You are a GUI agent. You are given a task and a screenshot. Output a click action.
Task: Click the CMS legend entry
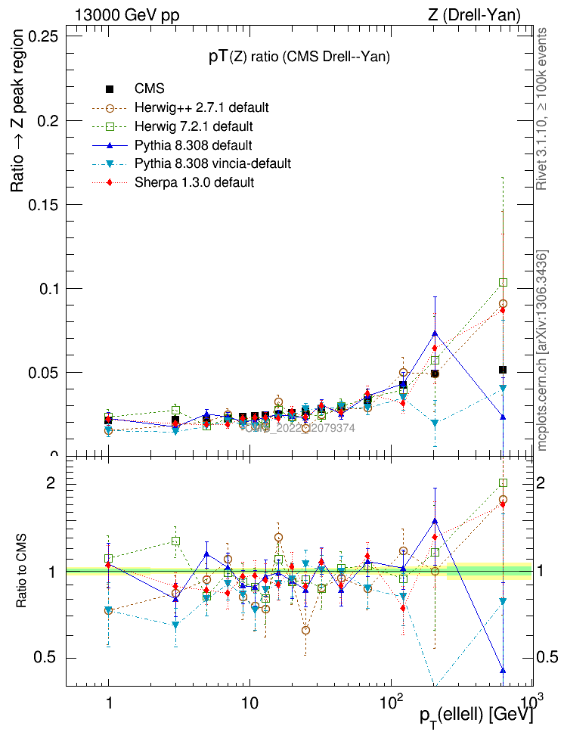[x=149, y=89]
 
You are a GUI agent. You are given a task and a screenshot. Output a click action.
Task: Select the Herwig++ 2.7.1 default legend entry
[x=201, y=107]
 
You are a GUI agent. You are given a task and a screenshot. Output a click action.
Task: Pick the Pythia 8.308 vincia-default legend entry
[x=212, y=163]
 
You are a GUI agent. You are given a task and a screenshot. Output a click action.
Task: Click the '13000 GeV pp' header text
[x=127, y=14]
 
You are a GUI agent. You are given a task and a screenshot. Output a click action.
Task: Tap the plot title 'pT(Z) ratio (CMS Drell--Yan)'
[x=299, y=57]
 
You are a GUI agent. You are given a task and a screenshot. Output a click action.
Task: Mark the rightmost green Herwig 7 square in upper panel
[x=503, y=283]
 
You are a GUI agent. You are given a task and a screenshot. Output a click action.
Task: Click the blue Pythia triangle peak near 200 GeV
[x=435, y=333]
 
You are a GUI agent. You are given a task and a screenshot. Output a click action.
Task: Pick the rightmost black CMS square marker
[x=503, y=370]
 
